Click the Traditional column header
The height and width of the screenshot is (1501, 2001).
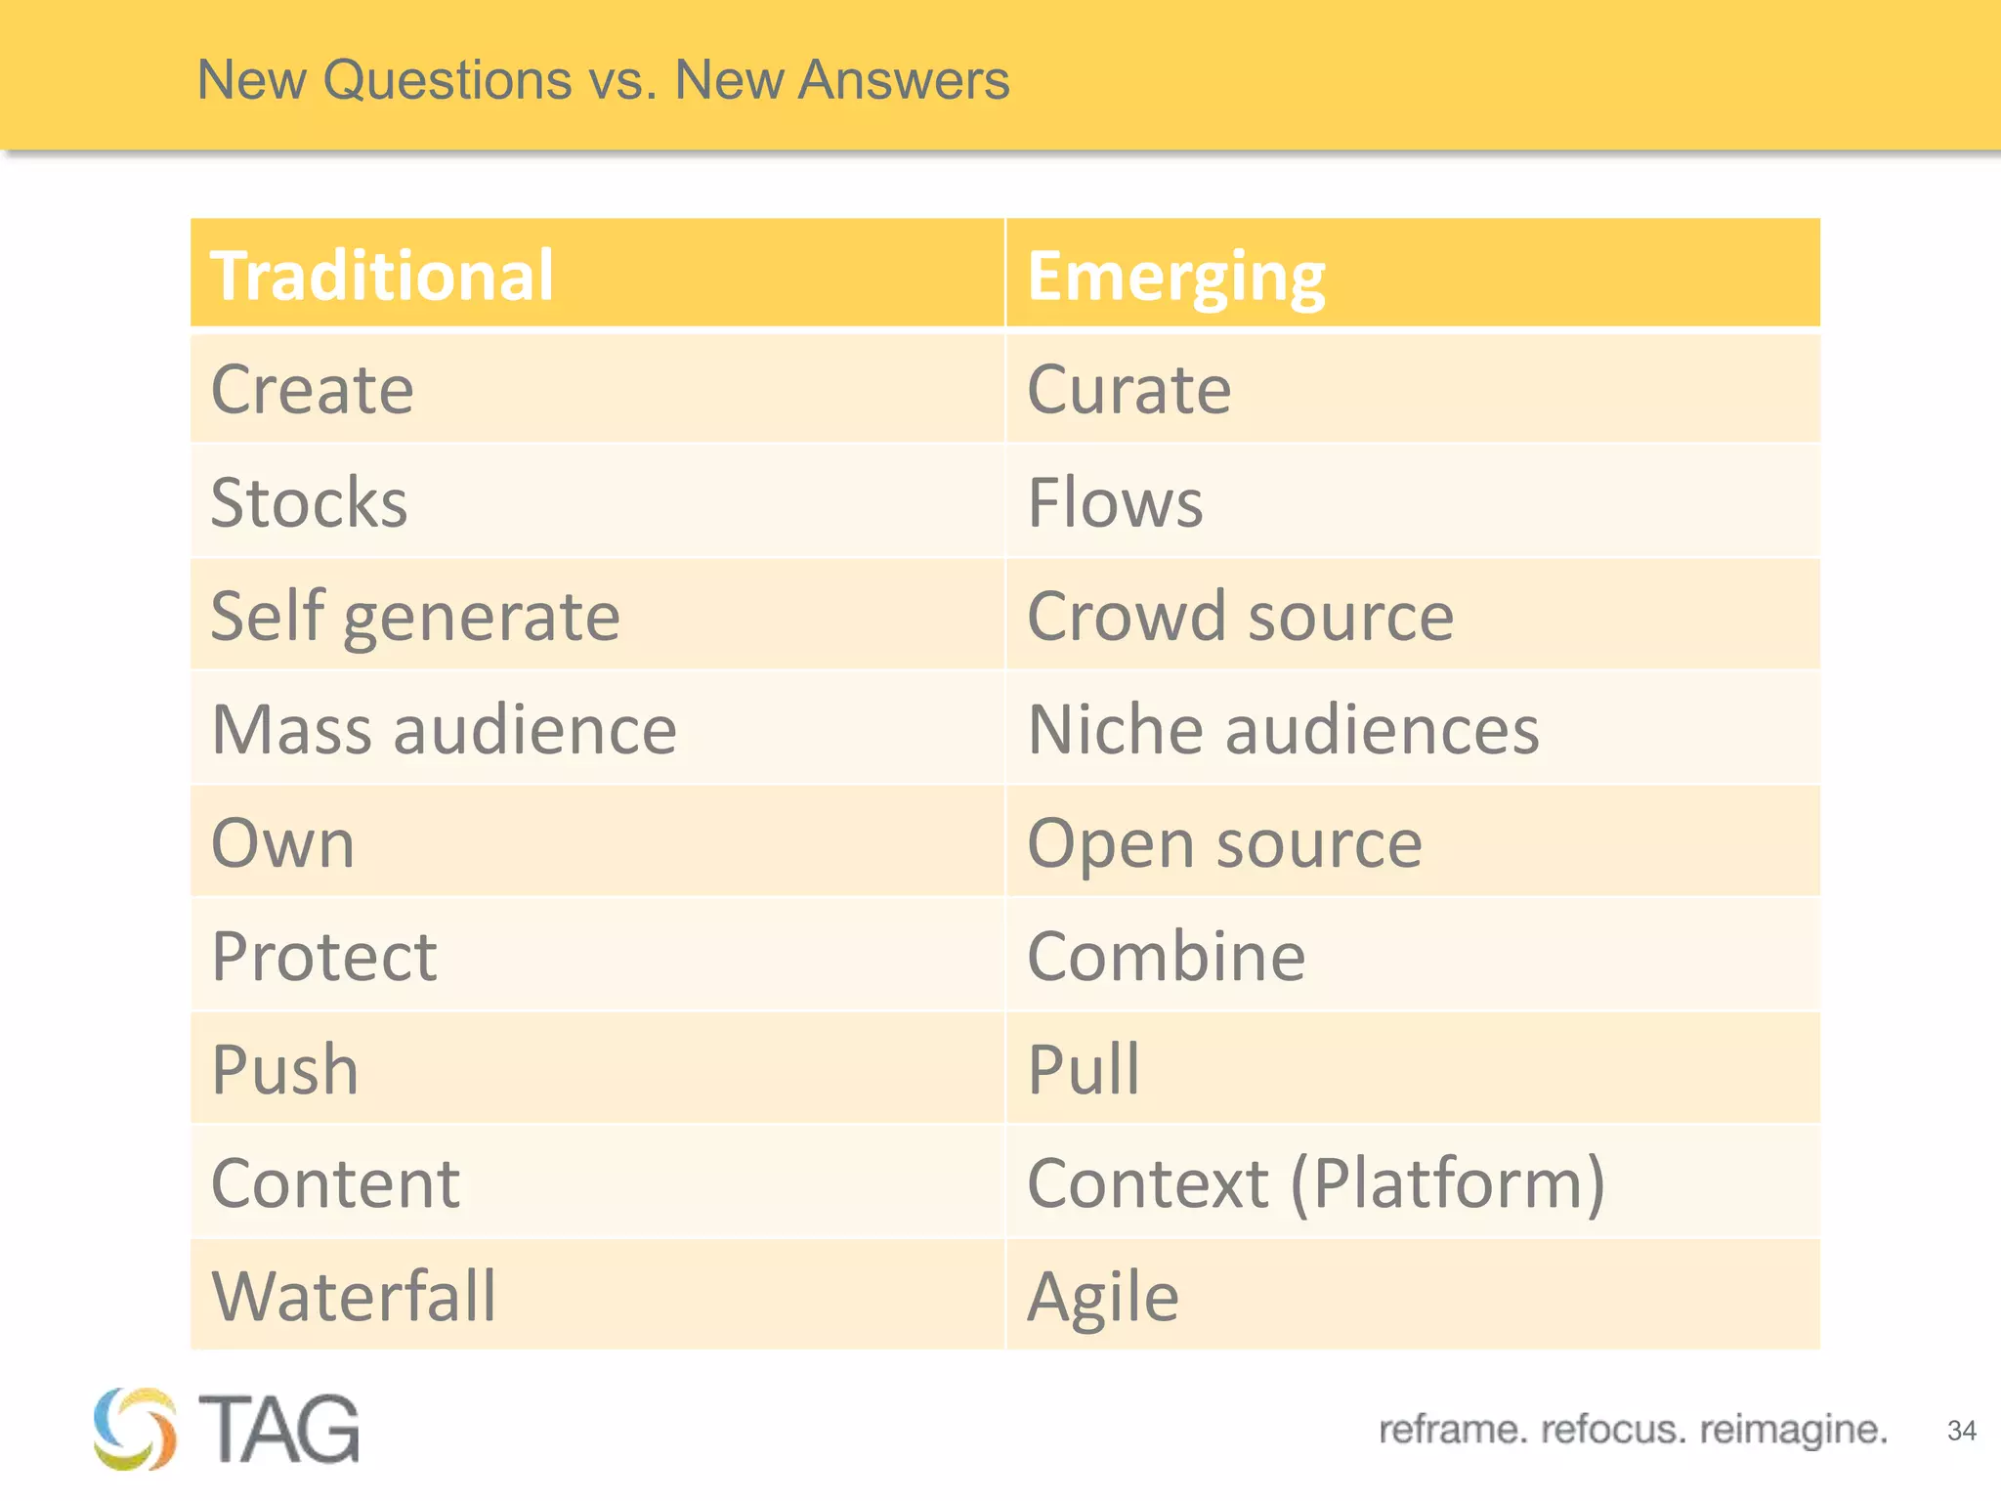[x=382, y=276]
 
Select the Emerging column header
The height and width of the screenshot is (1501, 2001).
[x=1175, y=278]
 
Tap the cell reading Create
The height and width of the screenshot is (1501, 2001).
[x=313, y=390]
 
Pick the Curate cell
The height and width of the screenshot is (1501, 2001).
[x=1129, y=390]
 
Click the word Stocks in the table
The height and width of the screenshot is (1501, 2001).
[x=309, y=503]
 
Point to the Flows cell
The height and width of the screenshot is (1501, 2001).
[x=1115, y=503]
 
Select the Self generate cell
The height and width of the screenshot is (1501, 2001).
[x=415, y=618]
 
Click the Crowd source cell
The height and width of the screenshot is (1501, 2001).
[x=1240, y=618]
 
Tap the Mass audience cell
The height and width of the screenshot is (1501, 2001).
[x=444, y=730]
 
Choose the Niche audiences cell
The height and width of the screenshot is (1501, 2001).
[x=1283, y=730]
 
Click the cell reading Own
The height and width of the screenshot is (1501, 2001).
[x=283, y=843]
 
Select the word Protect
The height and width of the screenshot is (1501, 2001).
[x=324, y=957]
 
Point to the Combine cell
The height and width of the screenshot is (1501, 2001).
[x=1166, y=957]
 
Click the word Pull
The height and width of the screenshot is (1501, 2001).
[x=1084, y=1069]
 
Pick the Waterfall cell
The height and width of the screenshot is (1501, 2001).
[x=354, y=1297]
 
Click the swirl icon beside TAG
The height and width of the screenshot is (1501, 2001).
[x=135, y=1429]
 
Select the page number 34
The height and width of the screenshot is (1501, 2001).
[x=1961, y=1431]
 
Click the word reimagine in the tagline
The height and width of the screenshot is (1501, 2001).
[x=1793, y=1430]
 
